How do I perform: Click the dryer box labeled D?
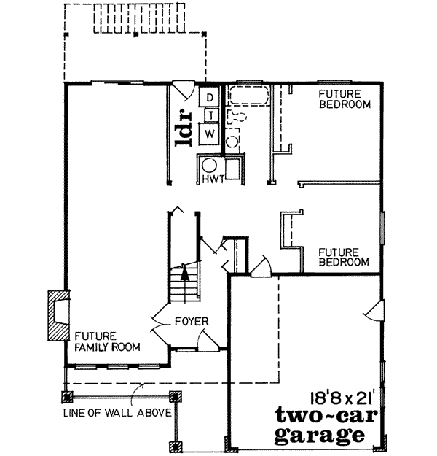[209, 97]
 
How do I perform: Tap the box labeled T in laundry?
[209, 115]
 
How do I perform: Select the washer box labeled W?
[209, 133]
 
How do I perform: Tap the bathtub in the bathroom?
[248, 97]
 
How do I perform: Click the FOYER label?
[191, 321]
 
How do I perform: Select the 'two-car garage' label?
[320, 427]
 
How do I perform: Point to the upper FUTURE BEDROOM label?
[345, 99]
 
